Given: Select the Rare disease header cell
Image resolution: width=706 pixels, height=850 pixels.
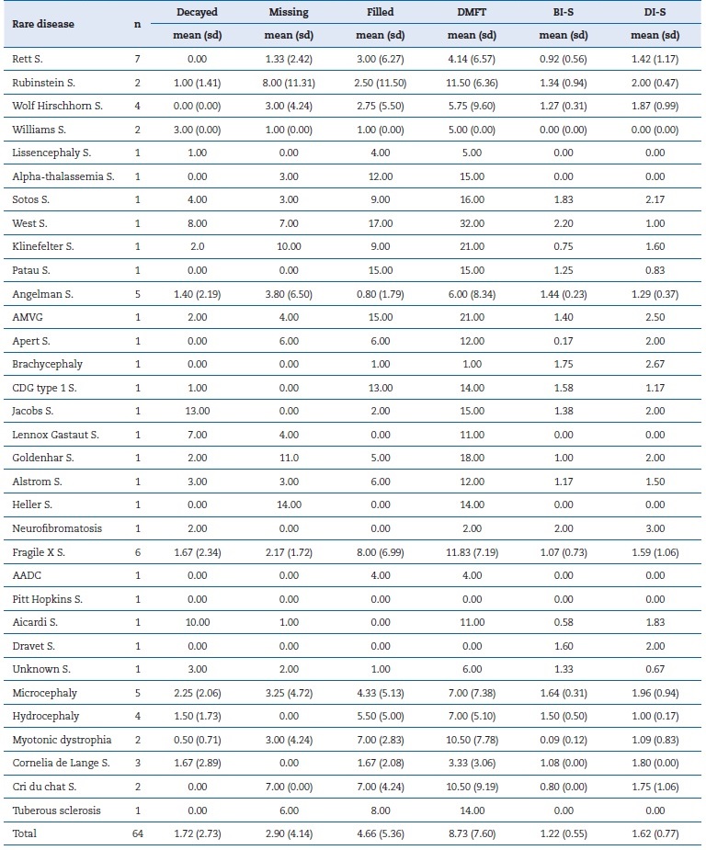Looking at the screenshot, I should click(41, 24).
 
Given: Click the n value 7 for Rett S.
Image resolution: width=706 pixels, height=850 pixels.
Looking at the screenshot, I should click(137, 59).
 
